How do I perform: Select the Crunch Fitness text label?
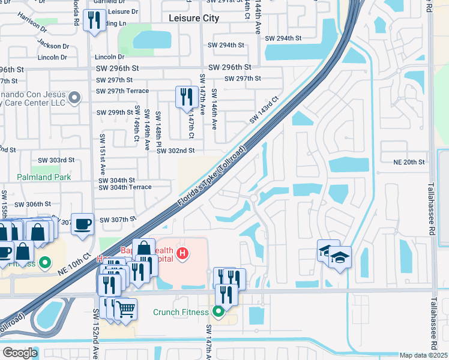pyautogui.click(x=181, y=311)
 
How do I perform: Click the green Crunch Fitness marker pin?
pyautogui.click(x=218, y=311)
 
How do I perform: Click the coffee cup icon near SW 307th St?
pyautogui.click(x=82, y=224)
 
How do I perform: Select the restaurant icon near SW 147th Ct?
pyautogui.click(x=186, y=97)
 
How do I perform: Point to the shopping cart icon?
pyautogui.click(x=125, y=309)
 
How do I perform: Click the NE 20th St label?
pyautogui.click(x=409, y=162)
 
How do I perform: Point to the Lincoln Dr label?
pyautogui.click(x=109, y=57)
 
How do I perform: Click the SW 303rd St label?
pyautogui.click(x=56, y=160)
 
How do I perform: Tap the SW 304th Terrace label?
pyautogui.click(x=125, y=187)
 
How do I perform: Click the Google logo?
pyautogui.click(x=20, y=353)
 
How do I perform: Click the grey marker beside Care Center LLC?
pyautogui.click(x=74, y=97)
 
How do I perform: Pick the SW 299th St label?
pyautogui.click(x=115, y=112)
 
